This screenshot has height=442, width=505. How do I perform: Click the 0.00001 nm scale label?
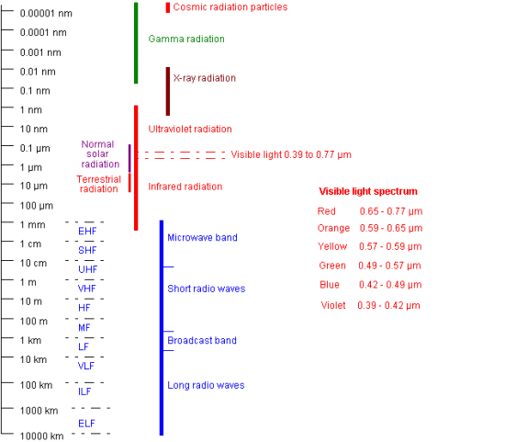46,14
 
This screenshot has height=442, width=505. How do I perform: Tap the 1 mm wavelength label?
32,225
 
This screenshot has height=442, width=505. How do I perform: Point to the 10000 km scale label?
42,436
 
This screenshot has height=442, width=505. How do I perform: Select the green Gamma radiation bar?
136,43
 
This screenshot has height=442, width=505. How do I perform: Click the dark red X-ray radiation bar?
168,91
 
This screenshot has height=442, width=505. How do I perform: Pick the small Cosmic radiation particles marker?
168,7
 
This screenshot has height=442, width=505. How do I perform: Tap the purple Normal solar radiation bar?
129,158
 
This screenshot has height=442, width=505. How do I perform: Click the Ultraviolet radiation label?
190,130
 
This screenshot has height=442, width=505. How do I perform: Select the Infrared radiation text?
185,187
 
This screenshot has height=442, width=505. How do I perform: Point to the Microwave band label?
202,238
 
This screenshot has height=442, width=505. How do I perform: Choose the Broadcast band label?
202,340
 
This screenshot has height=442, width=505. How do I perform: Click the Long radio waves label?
206,385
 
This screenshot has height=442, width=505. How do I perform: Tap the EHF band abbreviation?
87,232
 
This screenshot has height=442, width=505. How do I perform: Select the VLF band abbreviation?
86,366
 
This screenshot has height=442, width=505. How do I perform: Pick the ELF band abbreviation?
86,424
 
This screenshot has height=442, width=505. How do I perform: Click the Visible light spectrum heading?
368,191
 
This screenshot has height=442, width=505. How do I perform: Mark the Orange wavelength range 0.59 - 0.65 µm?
391,228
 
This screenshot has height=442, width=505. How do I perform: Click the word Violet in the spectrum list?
333,305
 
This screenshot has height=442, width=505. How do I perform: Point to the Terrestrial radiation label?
98,184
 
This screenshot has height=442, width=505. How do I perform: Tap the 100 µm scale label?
37,206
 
